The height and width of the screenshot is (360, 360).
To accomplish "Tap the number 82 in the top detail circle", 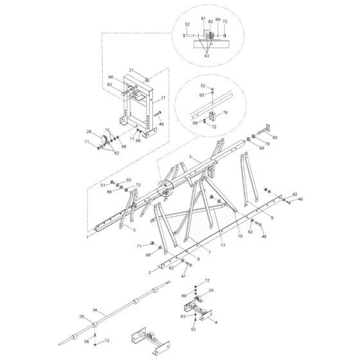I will [210, 21].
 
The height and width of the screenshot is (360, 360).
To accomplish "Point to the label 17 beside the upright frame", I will [163, 98].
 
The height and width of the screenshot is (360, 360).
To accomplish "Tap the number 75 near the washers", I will [108, 130].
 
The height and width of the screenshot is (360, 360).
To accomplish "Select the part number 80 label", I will [275, 137].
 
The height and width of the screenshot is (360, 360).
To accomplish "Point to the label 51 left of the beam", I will [102, 185].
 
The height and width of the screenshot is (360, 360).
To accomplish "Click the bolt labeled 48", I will [263, 235].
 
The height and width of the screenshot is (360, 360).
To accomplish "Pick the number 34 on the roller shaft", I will [94, 310].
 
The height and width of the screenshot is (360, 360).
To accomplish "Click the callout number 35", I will [81, 317].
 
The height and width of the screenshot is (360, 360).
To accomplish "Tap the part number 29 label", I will [210, 291].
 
